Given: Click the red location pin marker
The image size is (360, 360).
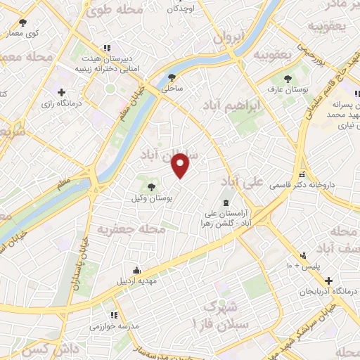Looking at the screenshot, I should (181, 165).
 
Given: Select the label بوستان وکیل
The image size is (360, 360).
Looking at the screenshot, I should (152, 198).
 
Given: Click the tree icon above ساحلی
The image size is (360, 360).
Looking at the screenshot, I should (172, 78).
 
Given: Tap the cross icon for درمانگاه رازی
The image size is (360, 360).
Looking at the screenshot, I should (62, 92).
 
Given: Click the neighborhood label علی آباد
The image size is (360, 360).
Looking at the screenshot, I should (242, 181).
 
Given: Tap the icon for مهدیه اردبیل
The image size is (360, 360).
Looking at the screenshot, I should (136, 271).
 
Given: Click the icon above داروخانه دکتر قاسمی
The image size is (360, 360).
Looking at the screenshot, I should (302, 174).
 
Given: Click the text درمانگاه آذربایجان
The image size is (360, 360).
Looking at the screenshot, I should (324, 290).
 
